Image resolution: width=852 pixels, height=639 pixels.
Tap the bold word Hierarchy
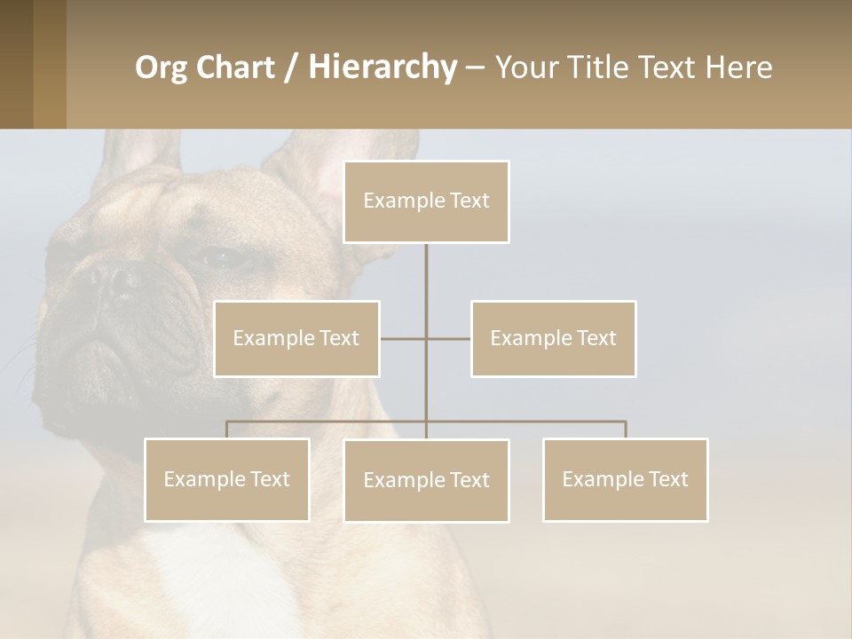coord(383,67)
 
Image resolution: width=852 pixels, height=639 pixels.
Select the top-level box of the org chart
coord(426,201)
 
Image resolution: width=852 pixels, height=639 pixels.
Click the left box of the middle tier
coord(296,338)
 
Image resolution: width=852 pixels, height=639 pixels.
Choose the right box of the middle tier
coord(553,338)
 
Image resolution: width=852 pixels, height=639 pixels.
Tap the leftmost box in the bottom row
coord(226,479)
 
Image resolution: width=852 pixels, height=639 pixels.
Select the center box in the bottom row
coord(426,480)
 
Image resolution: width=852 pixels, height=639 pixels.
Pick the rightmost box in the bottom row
coord(625,479)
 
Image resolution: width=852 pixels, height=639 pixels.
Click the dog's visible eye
coord(217,259)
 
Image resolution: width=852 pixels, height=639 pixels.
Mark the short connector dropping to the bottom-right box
coord(625,430)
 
